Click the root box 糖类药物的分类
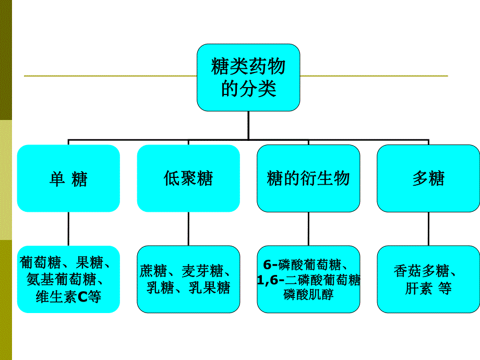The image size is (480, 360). coord(248,77)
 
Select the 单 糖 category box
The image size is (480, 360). coord(68,178)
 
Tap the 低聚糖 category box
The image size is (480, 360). coord(188,178)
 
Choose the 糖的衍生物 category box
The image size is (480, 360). coord(308,178)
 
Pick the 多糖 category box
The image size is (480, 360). coord(428,178)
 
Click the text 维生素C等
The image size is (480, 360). coord(68,297)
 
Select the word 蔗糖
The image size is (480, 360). coord(153,271)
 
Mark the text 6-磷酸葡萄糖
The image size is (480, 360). coord(304,263)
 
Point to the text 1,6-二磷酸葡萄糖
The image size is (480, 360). coord(308,280)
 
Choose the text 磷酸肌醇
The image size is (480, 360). coord(308,295)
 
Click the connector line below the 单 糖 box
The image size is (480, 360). coord(68,229)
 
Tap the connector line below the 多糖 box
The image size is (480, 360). coord(428,229)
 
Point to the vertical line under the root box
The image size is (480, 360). coord(248,125)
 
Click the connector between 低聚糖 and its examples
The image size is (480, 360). coord(188,229)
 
